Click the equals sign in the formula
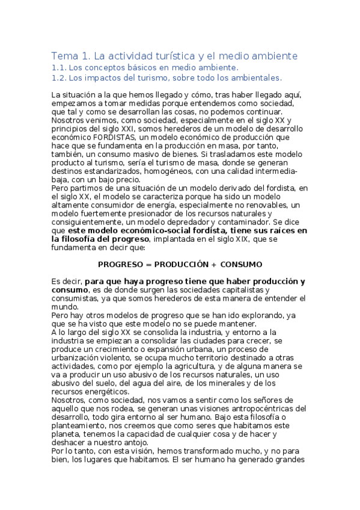(149, 264)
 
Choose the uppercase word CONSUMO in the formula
(241, 264)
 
